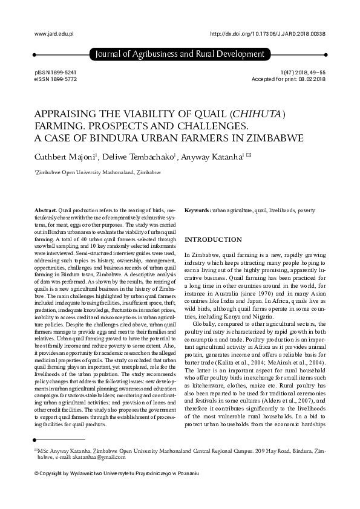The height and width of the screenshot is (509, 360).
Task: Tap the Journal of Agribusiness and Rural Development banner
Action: (180, 55)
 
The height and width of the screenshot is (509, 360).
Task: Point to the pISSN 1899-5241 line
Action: (56, 72)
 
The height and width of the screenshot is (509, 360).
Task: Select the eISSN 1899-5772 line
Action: (56, 79)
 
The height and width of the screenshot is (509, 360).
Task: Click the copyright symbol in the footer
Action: (38, 473)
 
